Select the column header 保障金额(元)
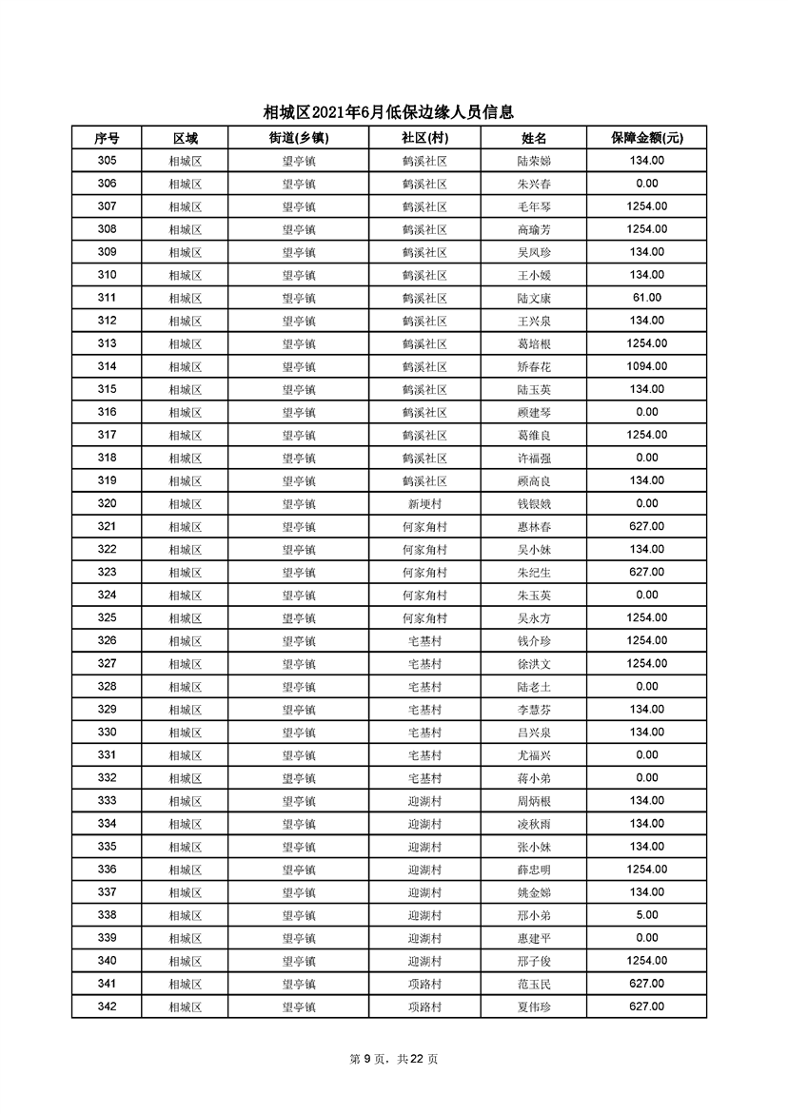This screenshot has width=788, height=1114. (646, 138)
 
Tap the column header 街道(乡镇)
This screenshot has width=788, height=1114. (298, 138)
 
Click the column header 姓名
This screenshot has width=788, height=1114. (533, 138)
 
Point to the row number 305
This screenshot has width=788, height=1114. (107, 161)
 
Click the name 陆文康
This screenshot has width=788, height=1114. (533, 298)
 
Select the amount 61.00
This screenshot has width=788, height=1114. (646, 298)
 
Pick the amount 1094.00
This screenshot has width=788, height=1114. (646, 366)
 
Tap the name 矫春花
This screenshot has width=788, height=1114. (533, 366)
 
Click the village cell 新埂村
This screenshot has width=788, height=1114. (424, 503)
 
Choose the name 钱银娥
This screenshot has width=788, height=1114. (533, 503)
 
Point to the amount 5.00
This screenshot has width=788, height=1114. (646, 915)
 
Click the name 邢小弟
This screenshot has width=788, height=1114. (533, 915)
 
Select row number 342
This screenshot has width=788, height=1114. (107, 1007)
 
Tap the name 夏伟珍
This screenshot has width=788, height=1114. (533, 1007)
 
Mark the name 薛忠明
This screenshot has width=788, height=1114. (533, 870)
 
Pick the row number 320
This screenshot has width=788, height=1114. (107, 503)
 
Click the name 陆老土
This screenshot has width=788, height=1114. (533, 686)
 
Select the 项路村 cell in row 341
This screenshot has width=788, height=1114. (424, 984)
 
